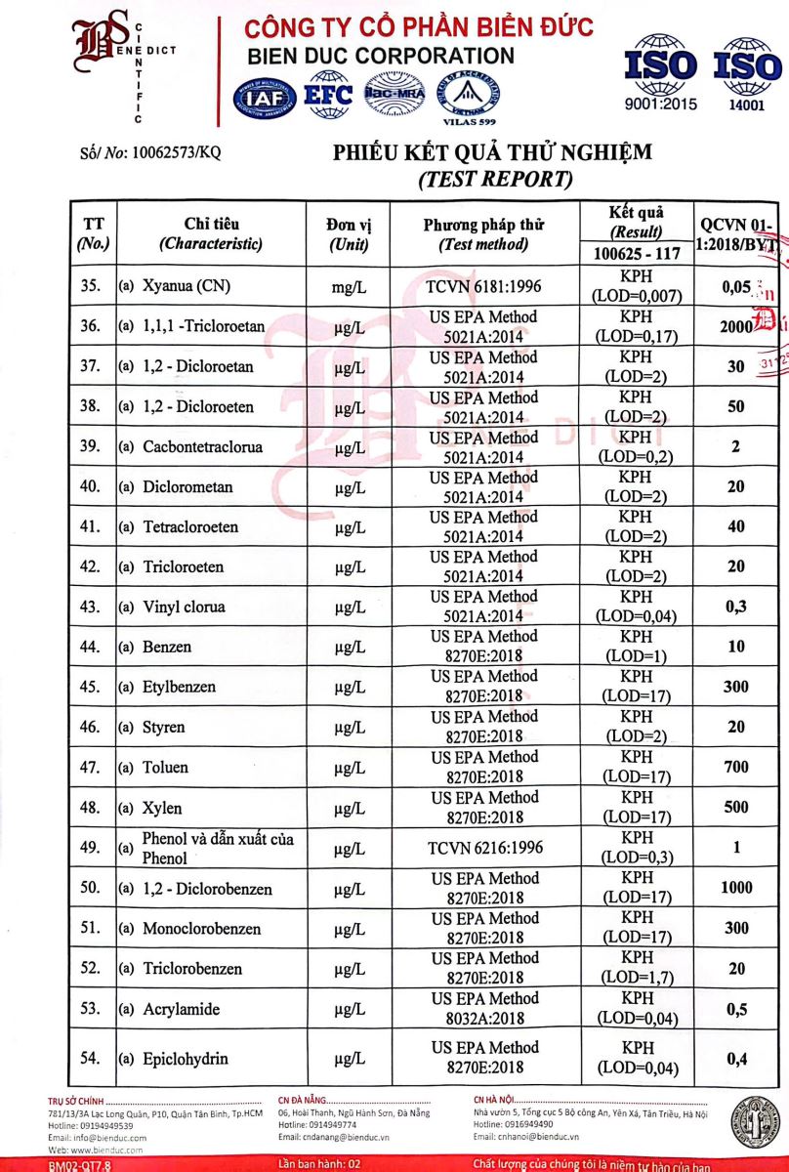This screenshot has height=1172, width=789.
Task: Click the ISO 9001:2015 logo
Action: click(661, 73)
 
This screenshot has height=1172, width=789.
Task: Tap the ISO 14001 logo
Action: click(748, 74)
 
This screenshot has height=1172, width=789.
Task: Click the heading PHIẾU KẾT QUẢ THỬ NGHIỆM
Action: click(492, 153)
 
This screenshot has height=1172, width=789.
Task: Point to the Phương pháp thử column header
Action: click(483, 234)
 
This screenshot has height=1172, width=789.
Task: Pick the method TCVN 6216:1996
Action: click(483, 848)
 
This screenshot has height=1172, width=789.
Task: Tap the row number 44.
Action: click(90, 647)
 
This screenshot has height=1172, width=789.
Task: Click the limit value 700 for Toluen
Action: click(736, 768)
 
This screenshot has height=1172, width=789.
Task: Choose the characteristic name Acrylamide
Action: click(181, 1009)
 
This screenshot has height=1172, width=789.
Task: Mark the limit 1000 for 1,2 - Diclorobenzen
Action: click(736, 888)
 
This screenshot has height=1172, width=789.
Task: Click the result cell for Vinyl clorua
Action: click(636, 607)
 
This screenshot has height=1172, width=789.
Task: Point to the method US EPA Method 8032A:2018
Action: click(485, 1008)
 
